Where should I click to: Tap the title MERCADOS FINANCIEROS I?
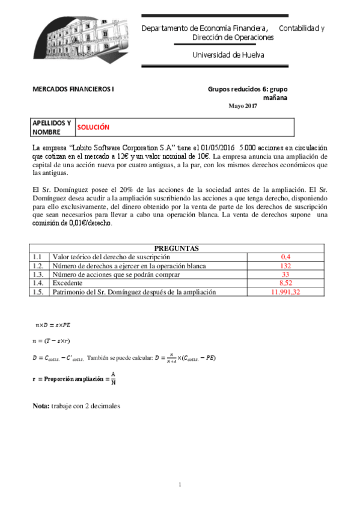(73, 89)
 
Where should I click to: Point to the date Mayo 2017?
(242, 106)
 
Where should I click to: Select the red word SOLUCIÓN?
(93, 127)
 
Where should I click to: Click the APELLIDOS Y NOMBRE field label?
(51, 127)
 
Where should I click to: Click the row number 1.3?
(39, 274)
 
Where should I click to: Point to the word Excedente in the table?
(69, 283)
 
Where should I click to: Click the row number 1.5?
(39, 292)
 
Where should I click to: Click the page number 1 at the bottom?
(180, 485)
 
